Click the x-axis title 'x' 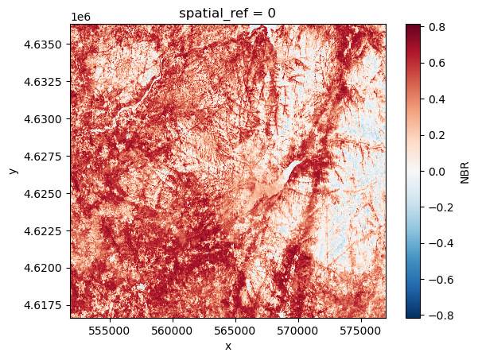click(x=228, y=346)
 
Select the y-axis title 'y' click(x=12, y=171)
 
